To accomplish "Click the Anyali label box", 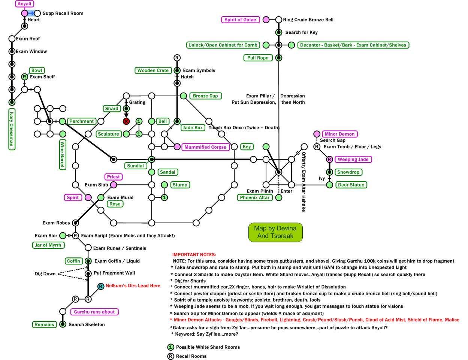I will [x=24, y=4].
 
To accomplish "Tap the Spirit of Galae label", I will [x=240, y=20].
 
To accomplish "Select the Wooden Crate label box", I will [x=153, y=70].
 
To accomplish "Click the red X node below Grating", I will [x=126, y=121].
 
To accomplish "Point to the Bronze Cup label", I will [x=205, y=96].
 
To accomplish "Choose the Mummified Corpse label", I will [x=205, y=147].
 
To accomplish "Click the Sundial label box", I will [x=135, y=166].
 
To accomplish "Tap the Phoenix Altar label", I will [x=255, y=198].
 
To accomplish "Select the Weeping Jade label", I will [x=353, y=160].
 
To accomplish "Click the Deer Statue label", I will [x=351, y=185].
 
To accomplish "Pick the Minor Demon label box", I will [x=339, y=134].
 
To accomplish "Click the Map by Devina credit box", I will [x=275, y=232].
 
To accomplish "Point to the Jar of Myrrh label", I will [x=48, y=245].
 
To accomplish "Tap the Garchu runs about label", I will [x=94, y=312].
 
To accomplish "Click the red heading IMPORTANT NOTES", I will [x=194, y=255].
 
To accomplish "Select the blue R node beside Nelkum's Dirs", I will [x=101, y=287].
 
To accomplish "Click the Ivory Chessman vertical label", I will [x=12, y=129].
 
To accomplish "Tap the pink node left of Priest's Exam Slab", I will [x=114, y=185].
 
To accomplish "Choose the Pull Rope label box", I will [x=258, y=58].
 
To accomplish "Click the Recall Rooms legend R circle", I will [x=171, y=356].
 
